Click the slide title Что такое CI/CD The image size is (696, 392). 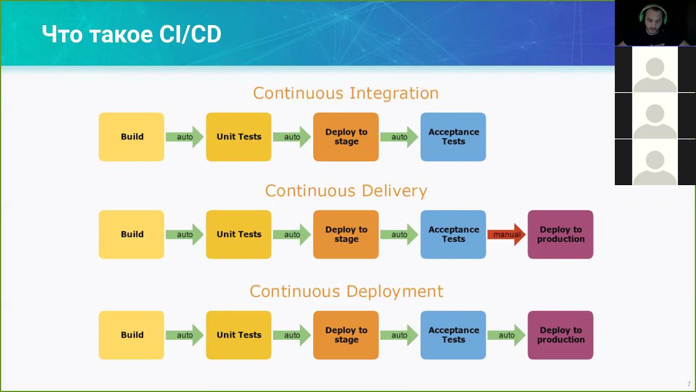point(132,35)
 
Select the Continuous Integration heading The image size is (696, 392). point(346,93)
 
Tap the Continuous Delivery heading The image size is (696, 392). point(346,191)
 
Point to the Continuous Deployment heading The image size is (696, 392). point(346,291)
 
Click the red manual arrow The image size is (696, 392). point(506,235)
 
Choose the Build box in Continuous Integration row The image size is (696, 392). point(131,137)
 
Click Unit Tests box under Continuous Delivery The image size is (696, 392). point(239,235)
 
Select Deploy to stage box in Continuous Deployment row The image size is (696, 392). point(346,335)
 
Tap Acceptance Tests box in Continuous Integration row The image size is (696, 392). point(453,137)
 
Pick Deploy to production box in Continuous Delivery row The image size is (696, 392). point(560,235)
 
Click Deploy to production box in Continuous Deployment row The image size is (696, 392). point(560,335)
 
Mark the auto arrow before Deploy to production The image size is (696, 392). point(506,335)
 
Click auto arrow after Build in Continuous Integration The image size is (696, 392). point(184,137)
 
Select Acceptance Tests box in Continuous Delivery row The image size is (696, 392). point(453,235)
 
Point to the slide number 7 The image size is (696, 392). point(688,384)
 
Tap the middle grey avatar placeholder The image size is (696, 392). point(655,115)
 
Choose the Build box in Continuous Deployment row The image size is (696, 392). point(131,335)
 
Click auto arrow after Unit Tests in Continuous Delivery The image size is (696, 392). point(291,235)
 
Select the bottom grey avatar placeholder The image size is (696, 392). point(655,162)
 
